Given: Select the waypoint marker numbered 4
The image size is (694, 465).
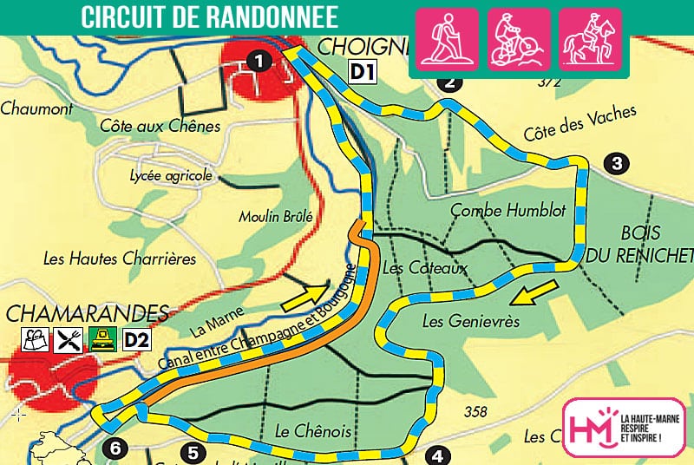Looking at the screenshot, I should point(438,455).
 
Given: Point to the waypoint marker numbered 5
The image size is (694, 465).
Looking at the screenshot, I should point(193,452).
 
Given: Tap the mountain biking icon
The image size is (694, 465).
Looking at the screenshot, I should point(519,39).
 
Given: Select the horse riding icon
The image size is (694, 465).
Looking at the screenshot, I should point(590,39).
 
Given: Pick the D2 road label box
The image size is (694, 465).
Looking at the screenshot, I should point(137,341).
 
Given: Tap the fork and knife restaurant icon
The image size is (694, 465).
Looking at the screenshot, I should point(67,341).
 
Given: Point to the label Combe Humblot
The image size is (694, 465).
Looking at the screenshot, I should point(508,211).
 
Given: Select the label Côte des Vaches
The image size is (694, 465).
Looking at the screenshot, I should point(579,124).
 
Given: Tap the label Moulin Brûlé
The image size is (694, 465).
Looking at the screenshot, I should point(275,216).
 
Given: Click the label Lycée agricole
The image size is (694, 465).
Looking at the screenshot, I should point(170,176).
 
